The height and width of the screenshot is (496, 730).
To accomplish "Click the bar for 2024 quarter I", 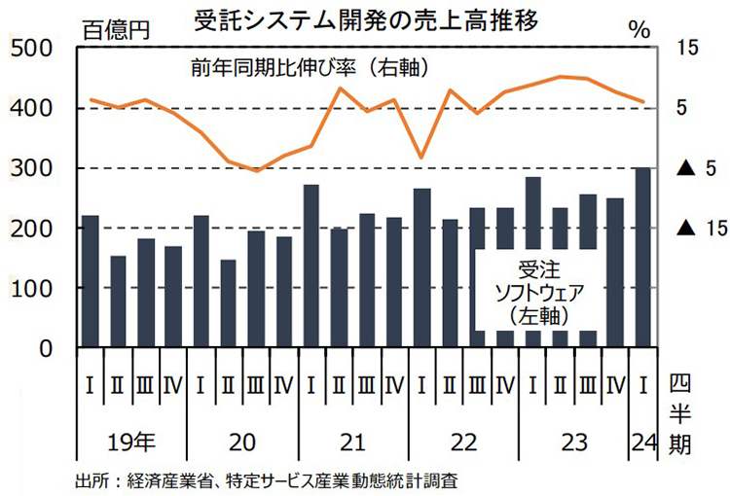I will tap(643, 258).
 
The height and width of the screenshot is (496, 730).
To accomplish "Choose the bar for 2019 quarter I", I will tap(91, 282).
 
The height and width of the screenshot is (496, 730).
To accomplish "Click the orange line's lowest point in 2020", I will tap(256, 170).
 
